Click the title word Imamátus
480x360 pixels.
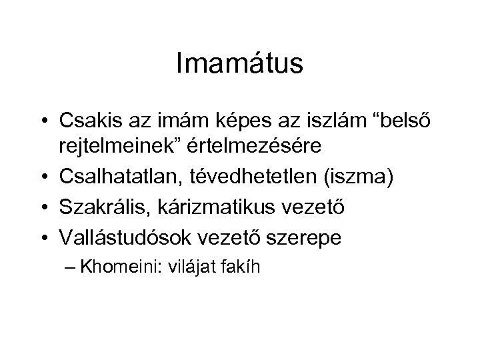click(x=240, y=64)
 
